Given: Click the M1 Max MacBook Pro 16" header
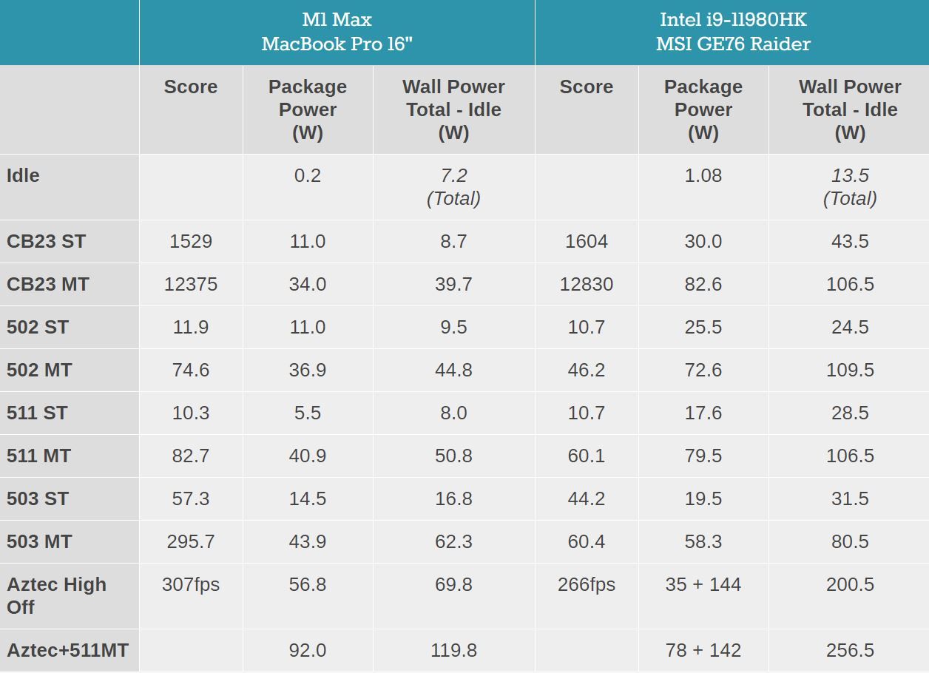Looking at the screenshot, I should click(337, 32).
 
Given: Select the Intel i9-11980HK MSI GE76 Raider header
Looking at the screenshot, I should click(732, 32).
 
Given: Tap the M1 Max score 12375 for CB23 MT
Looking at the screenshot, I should click(191, 285).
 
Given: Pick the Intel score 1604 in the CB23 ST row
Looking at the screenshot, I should click(587, 242).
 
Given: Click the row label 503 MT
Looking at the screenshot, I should click(39, 542).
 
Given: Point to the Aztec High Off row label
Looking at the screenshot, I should click(57, 595).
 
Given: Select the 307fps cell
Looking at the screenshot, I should click(191, 585).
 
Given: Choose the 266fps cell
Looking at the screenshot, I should click(587, 585).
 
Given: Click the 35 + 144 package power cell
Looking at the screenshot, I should click(703, 585).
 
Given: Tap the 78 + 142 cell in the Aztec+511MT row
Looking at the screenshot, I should click(703, 651).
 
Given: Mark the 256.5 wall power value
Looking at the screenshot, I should click(850, 651).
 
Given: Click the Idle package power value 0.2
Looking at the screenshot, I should click(308, 176).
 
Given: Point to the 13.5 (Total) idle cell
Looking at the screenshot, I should click(850, 187).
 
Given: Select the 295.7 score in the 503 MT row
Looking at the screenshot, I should click(191, 542).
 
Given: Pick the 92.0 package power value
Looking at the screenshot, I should click(308, 651).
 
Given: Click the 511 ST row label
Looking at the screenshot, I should click(37, 413).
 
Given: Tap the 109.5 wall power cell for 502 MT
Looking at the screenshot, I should click(850, 371).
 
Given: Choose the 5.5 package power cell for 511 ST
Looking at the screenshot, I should click(308, 413).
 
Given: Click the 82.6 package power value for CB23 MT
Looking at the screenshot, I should click(703, 285).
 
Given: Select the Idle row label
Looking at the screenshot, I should click(23, 176).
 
